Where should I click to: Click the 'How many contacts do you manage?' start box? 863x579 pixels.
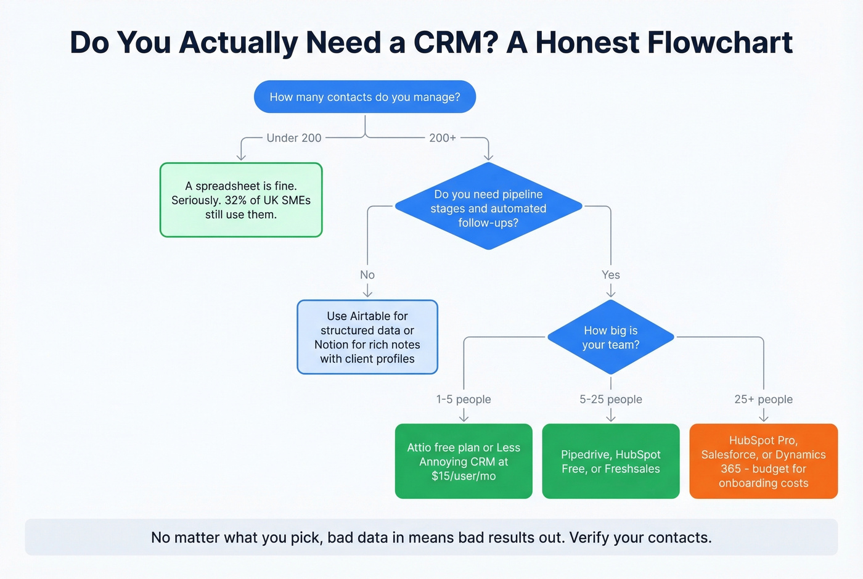click(x=365, y=97)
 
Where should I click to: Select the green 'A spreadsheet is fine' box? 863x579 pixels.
click(x=241, y=200)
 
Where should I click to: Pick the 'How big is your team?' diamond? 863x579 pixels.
click(x=610, y=337)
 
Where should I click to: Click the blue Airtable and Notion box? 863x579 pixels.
click(x=367, y=337)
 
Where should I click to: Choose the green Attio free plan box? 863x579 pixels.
click(x=464, y=461)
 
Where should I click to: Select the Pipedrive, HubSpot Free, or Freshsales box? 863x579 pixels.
click(x=610, y=461)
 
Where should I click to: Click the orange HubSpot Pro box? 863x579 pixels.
click(x=763, y=461)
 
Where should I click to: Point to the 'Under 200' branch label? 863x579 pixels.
click(x=294, y=138)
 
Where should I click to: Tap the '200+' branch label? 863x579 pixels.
click(x=443, y=138)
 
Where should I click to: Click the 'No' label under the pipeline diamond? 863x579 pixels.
click(x=367, y=275)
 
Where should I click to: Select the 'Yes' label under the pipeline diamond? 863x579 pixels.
click(x=611, y=275)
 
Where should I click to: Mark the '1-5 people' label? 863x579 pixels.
click(x=464, y=400)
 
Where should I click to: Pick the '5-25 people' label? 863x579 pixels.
click(x=611, y=400)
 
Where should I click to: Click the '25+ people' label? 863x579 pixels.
click(x=763, y=400)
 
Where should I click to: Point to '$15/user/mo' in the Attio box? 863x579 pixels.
click(x=464, y=476)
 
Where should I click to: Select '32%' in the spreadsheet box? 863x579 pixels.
click(x=235, y=200)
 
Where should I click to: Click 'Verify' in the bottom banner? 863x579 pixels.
click(x=590, y=538)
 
